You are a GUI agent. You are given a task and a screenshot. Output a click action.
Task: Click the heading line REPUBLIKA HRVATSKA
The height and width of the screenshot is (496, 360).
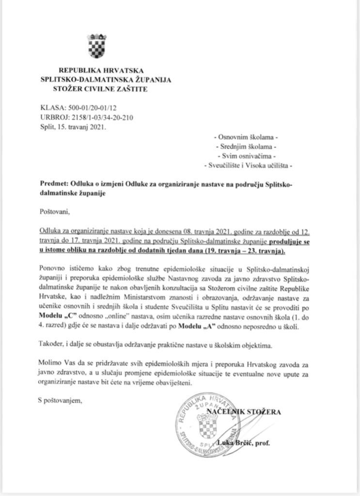101,71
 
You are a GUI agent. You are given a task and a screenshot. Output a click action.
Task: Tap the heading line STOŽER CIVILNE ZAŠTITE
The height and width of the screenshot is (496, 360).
101,89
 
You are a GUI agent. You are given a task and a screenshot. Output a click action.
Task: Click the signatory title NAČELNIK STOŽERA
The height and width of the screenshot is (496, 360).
250,412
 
